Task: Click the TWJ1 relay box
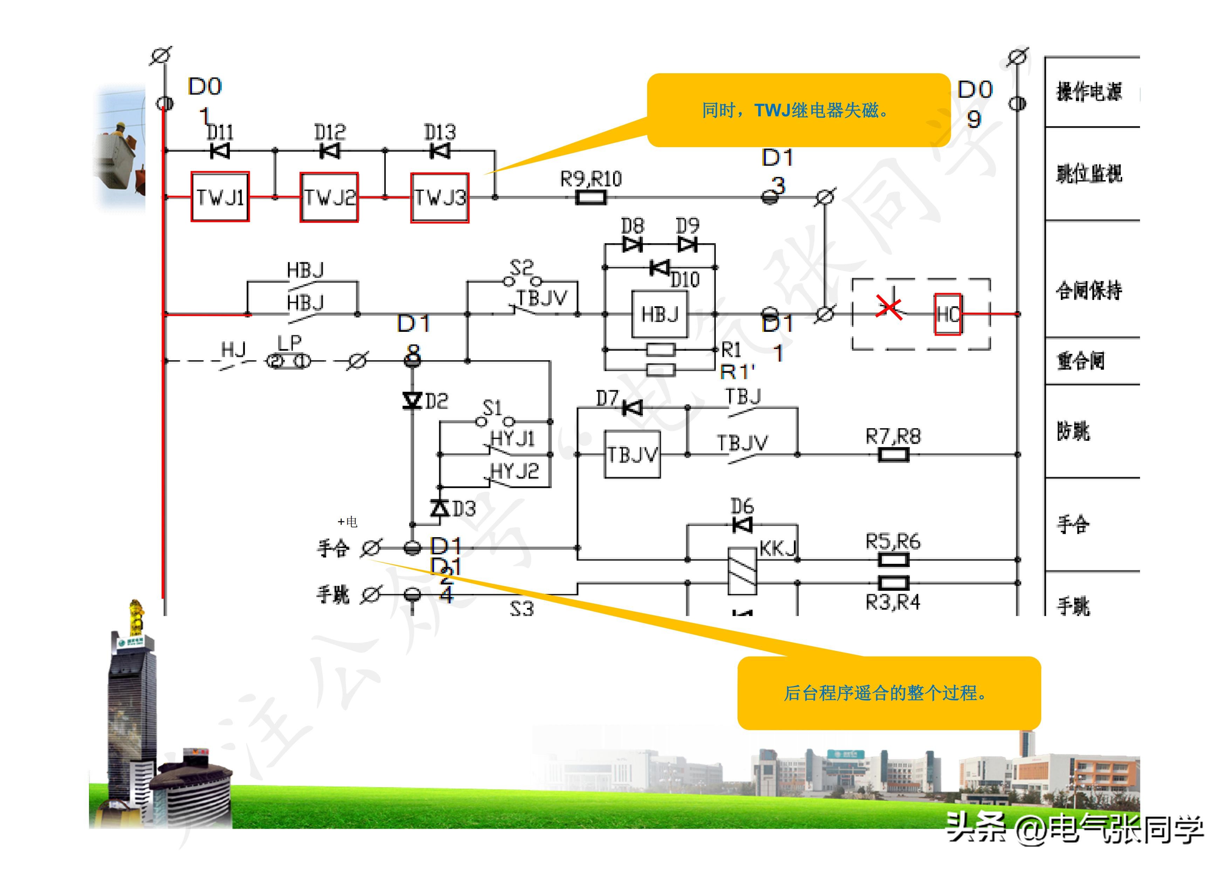click(220, 197)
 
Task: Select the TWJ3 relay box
click(439, 198)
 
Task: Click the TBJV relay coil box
click(632, 454)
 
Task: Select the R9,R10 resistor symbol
click(591, 198)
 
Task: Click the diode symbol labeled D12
click(330, 151)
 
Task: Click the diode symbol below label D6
click(742, 525)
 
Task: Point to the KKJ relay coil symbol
click(742, 571)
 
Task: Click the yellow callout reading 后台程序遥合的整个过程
click(888, 693)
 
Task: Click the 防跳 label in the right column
click(1073, 431)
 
